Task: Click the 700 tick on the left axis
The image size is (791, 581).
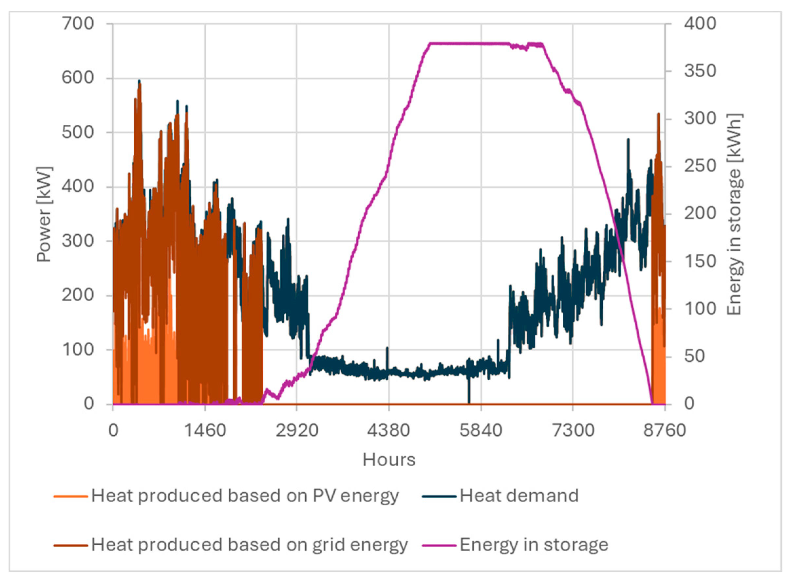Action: coord(78,24)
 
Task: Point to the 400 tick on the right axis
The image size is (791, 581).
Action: coord(700,24)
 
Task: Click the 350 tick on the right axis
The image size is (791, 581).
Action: coord(700,71)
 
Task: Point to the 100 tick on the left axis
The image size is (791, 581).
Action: coord(78,350)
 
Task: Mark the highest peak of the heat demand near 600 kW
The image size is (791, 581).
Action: coord(139,81)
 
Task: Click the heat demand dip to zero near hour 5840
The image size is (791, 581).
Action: coord(469,401)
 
